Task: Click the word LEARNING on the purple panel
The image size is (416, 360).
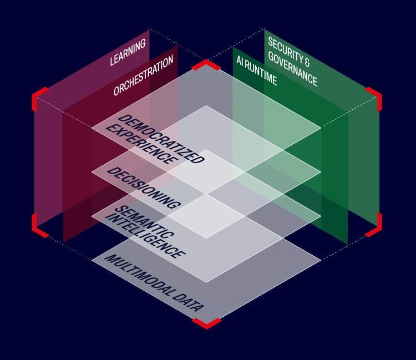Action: pyautogui.click(x=128, y=52)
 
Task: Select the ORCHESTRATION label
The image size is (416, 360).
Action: pyautogui.click(x=144, y=75)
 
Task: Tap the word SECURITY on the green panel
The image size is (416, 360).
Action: pyautogui.click(x=285, y=50)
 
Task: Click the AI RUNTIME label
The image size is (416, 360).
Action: pyautogui.click(x=257, y=70)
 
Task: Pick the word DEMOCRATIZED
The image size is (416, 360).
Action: pyautogui.click(x=161, y=139)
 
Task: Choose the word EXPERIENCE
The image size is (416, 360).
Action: pyautogui.click(x=141, y=144)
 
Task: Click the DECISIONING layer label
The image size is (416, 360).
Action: pyautogui.click(x=144, y=188)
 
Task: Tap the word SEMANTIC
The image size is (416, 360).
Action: pyautogui.click(x=145, y=222)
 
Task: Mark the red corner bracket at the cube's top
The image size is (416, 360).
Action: pyautogui.click(x=206, y=64)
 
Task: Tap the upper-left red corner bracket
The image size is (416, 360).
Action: pyautogui.click(x=38, y=97)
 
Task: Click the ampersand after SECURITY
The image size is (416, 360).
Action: pyautogui.click(x=307, y=62)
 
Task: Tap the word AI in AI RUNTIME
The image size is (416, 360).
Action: pyautogui.click(x=240, y=61)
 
